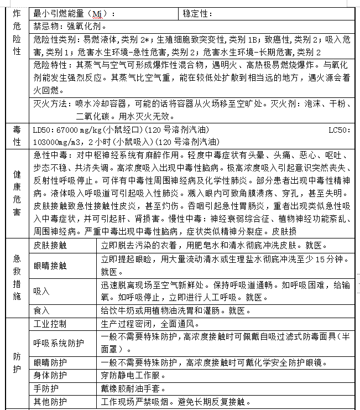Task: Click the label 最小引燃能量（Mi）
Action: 74,13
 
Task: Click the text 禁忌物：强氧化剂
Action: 70,26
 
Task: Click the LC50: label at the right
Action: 339,130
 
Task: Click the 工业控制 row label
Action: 50,324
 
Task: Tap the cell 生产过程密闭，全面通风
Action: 150,324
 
